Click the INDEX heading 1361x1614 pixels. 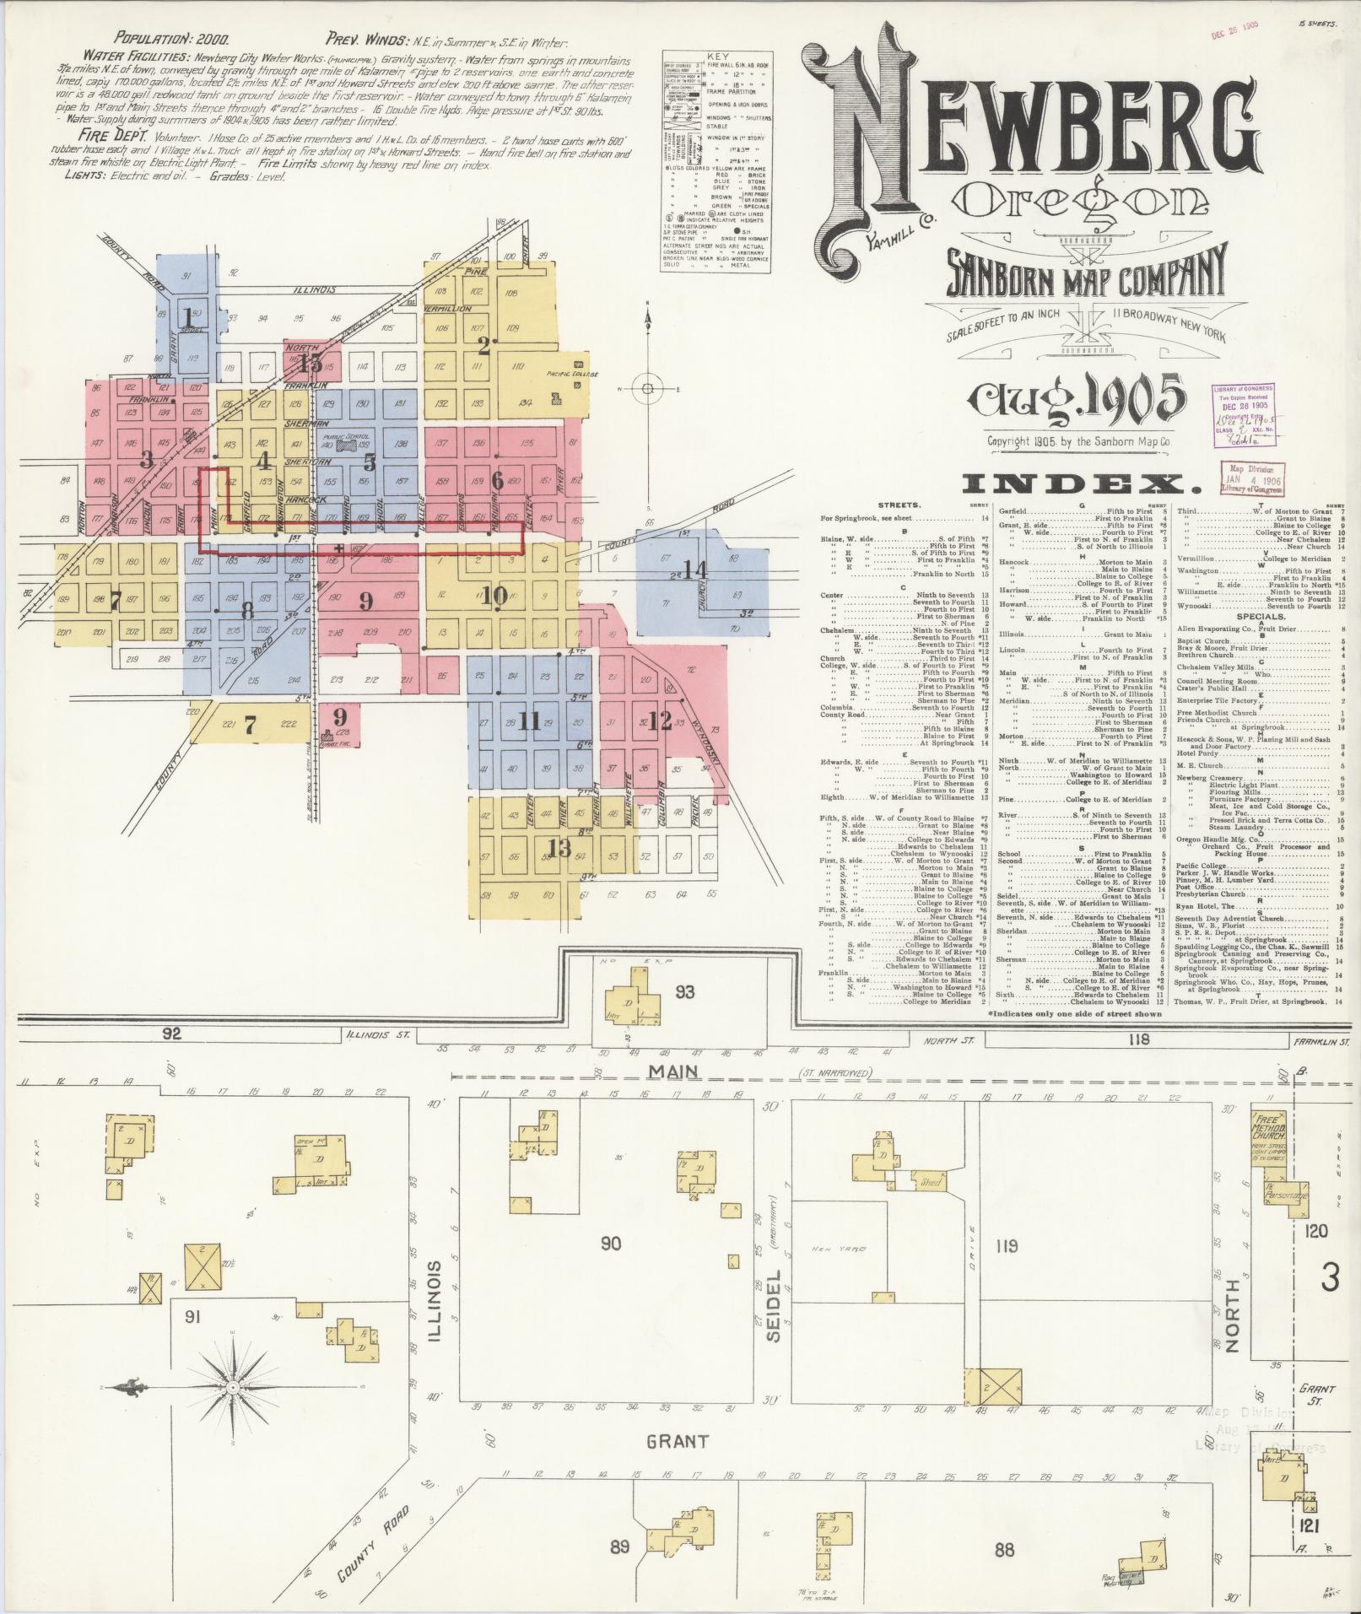[x=1082, y=483]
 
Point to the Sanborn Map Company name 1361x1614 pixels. [x=1083, y=275]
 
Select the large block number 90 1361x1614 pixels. [x=611, y=1242]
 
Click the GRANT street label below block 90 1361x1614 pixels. [x=677, y=1442]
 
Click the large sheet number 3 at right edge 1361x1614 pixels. [x=1330, y=1279]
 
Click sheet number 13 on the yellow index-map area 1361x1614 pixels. [x=559, y=847]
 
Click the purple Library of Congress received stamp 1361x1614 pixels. [x=1244, y=414]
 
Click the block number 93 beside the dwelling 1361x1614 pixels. [x=684, y=991]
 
